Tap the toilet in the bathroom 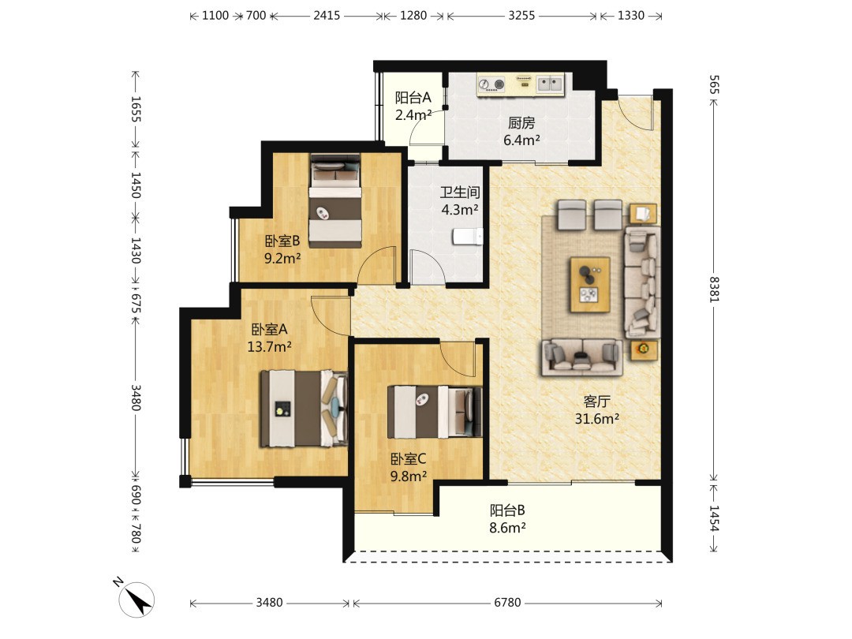coord(467,237)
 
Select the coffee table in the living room coord(589,285)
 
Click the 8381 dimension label coord(714,289)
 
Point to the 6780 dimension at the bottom coord(507,602)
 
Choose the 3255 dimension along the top coord(521,15)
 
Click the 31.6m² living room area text coord(597,419)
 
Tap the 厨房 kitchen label coord(521,123)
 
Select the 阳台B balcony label coord(507,510)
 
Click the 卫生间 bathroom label coord(460,192)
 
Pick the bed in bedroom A coord(304,408)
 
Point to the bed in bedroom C coord(435,411)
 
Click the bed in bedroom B coord(335,200)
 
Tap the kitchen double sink coord(550,84)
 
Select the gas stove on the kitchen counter coord(491,84)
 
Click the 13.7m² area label coord(270,346)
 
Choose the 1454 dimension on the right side coord(714,518)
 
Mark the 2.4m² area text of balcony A coord(413,114)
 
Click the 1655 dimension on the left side coord(136,109)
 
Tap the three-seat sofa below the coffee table coord(581,357)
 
